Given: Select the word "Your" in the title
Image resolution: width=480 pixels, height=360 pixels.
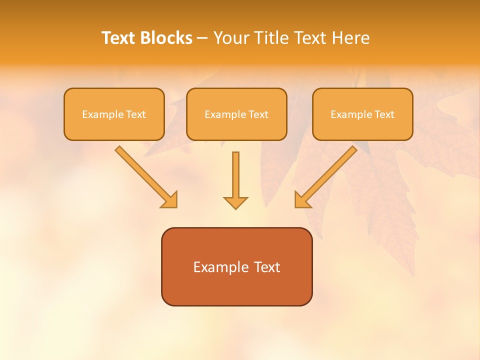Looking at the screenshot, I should pos(231,38).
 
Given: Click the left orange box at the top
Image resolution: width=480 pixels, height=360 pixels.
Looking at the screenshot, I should pos(114,114).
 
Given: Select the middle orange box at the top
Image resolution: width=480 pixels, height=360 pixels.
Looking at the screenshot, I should pos(236,114).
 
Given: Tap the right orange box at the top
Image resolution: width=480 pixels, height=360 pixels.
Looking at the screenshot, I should pos(362,114).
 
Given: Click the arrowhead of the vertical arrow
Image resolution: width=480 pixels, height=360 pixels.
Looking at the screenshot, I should pos(235,202).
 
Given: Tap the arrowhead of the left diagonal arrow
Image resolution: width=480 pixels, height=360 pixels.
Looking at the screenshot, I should pos(170,199).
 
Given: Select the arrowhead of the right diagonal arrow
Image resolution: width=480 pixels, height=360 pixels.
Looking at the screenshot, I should pos(302,199).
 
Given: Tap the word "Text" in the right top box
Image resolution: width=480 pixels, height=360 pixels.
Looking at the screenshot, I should pos(384,114).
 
